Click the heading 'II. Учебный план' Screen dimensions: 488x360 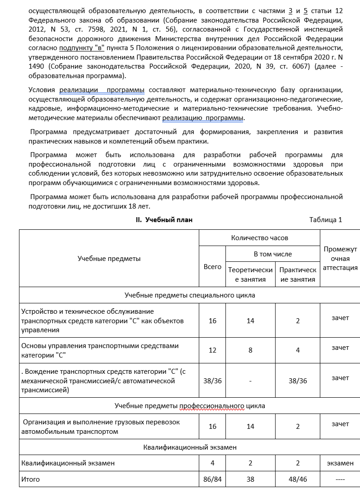click(164, 220)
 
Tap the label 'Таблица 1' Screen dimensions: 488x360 click(325, 220)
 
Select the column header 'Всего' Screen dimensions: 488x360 click(212, 267)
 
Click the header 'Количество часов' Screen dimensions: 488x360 click(259, 237)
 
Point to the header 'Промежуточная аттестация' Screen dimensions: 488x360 click(340, 258)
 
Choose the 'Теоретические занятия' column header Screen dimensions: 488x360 click(251, 274)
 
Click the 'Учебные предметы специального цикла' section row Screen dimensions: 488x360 click(190, 295)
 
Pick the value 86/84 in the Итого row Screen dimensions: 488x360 click(212, 479)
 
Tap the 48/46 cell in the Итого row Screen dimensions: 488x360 click(297, 479)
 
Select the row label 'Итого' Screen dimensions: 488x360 click(31, 479)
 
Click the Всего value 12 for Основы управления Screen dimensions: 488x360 click(212, 350)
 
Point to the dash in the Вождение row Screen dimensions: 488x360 click(251, 381)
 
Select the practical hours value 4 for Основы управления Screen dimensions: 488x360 click(297, 350)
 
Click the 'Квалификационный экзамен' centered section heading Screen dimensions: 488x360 click(190, 447)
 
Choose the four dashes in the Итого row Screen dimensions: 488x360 click(340, 479)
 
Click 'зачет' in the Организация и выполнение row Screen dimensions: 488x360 click(340, 424)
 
